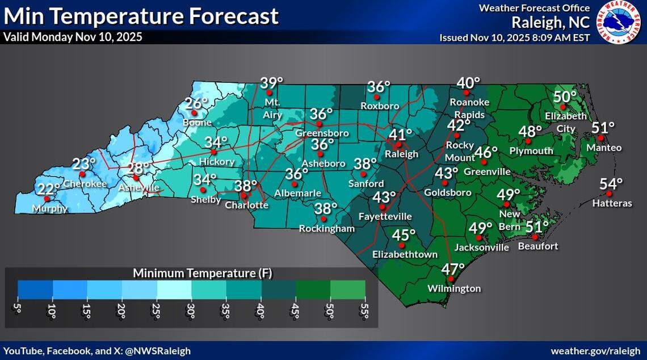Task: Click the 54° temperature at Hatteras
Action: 611,184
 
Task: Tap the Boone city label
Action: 198,122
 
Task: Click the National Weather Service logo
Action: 620,22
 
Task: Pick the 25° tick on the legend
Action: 156,311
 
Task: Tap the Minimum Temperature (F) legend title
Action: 203,273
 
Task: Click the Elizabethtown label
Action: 405,254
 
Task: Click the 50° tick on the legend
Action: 330,311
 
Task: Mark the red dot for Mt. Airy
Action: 270,93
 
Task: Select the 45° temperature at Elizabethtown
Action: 404,235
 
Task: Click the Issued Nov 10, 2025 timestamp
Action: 515,37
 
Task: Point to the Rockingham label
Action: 327,229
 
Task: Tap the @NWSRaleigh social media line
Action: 97,351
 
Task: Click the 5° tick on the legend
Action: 18,311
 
